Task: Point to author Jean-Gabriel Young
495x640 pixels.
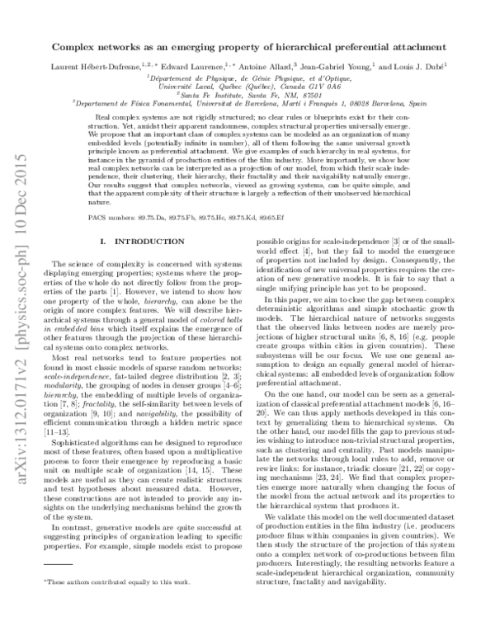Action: click(x=338, y=67)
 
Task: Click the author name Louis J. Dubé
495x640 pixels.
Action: click(x=420, y=67)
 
